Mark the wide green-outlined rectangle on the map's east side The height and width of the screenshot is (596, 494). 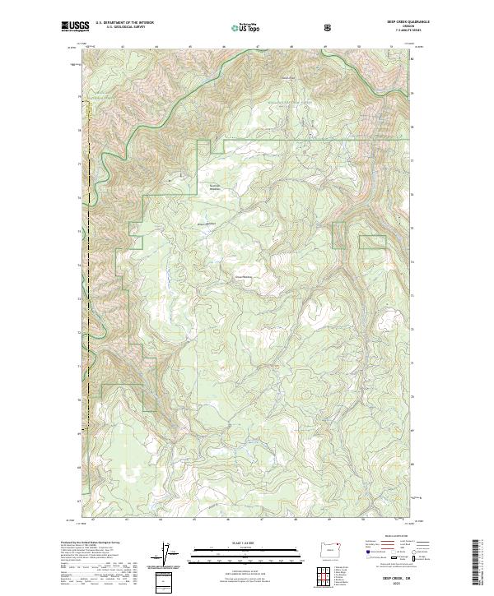pyautogui.click(x=372, y=242)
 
